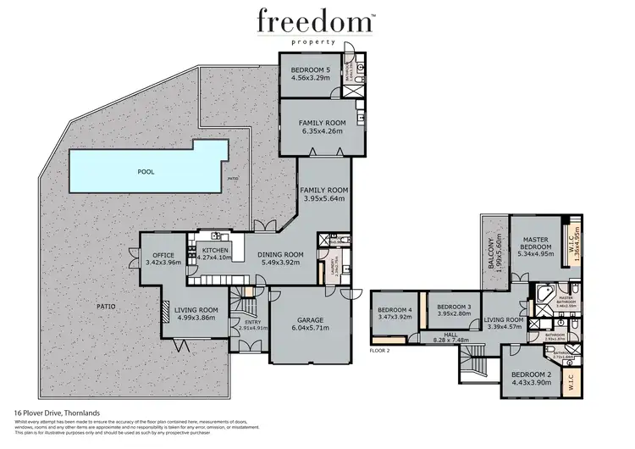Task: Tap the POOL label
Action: (146, 171)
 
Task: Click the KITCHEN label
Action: (213, 251)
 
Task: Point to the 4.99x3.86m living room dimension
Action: (196, 321)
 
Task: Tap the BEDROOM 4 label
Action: (395, 309)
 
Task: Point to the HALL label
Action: (450, 335)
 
